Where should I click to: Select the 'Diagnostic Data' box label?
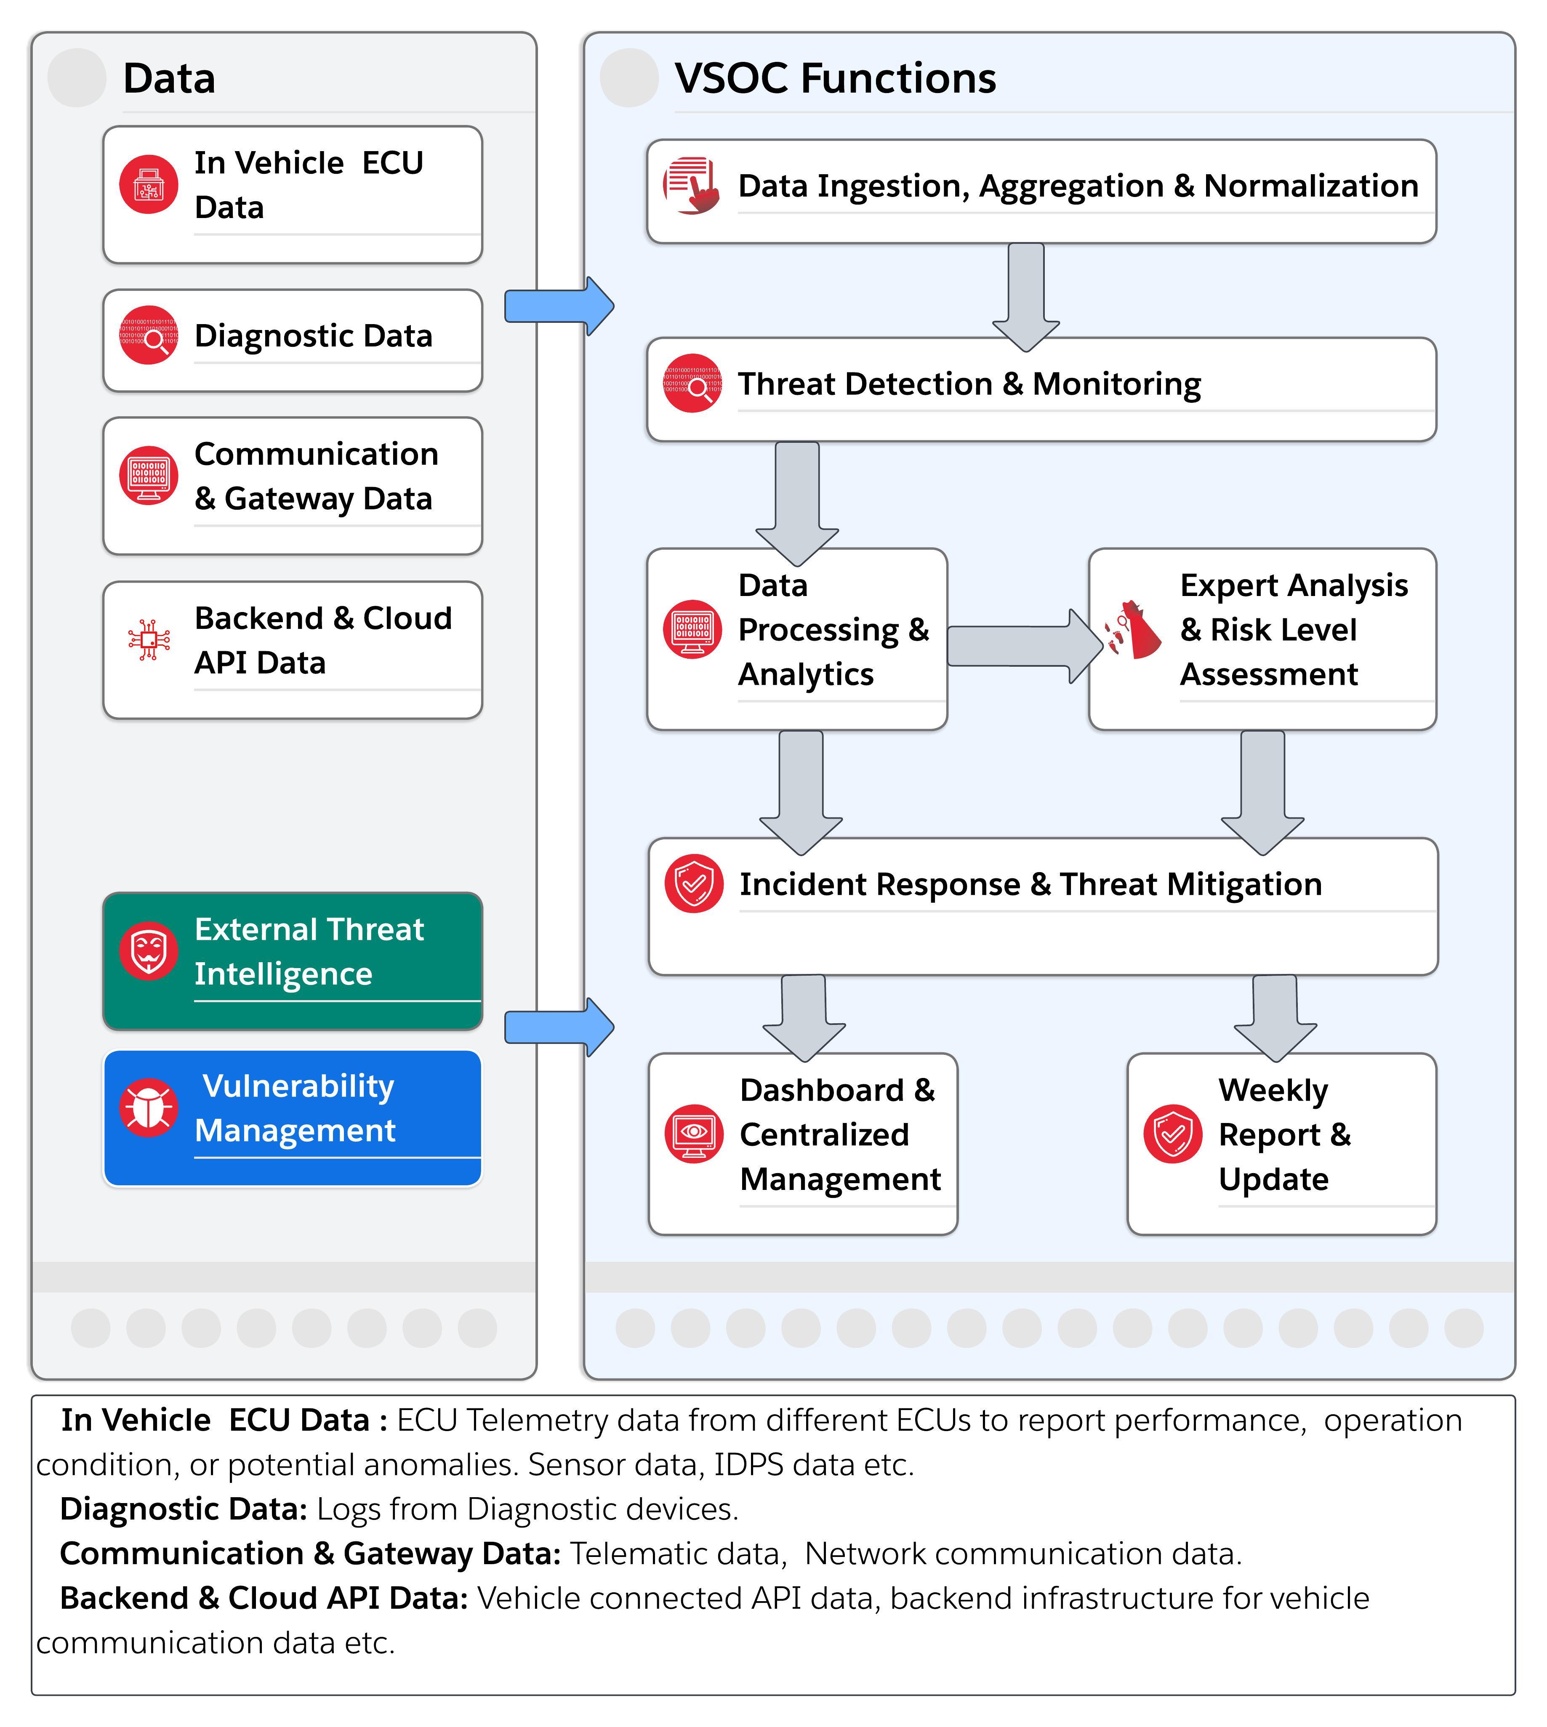(x=313, y=336)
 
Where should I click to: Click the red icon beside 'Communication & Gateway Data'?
(x=149, y=475)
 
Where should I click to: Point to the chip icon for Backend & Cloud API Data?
(x=149, y=639)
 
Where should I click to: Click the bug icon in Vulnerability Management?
(x=149, y=1107)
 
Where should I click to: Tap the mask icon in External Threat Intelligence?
(x=149, y=950)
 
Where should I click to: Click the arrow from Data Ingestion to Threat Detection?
(x=1026, y=297)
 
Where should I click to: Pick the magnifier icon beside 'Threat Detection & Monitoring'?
(x=693, y=383)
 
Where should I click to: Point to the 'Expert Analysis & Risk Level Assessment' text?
(x=1294, y=630)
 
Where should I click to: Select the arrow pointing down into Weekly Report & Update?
(x=1275, y=1018)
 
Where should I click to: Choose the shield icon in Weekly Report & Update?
(x=1173, y=1134)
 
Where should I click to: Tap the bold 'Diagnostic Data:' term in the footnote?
(x=184, y=1509)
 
